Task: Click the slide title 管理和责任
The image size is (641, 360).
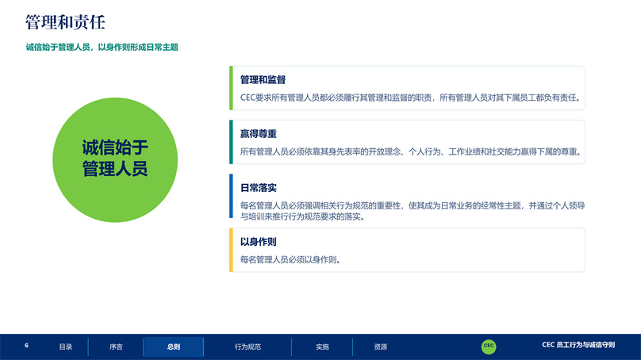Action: point(65,22)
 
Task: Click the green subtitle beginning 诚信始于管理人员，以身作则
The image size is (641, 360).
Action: point(102,48)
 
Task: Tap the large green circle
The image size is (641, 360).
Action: point(115,159)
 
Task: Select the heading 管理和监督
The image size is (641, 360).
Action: point(263,79)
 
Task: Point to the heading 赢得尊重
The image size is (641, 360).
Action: point(259,134)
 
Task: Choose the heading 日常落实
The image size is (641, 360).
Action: point(259,188)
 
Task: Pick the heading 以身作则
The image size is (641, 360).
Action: point(259,242)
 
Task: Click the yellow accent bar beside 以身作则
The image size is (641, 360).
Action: point(231,250)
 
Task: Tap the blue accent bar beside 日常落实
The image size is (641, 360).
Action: point(231,196)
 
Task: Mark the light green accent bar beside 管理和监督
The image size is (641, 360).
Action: point(231,88)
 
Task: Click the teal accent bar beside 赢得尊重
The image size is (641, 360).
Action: point(231,142)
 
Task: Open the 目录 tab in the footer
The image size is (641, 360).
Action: point(65,347)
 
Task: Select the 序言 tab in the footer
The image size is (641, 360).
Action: point(116,347)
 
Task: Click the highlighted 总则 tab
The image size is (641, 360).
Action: point(173,347)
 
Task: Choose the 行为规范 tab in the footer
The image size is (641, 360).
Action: point(248,347)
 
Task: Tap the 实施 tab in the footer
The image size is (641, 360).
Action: point(322,347)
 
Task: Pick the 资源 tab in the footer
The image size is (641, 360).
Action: point(380,347)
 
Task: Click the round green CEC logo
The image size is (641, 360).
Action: point(489,347)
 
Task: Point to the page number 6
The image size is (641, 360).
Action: point(26,346)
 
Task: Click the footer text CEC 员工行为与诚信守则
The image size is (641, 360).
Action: point(578,345)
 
